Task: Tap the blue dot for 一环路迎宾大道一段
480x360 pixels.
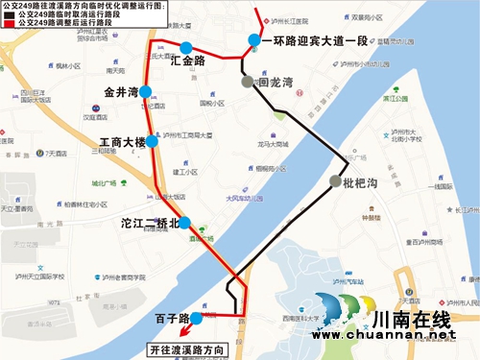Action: (x=253, y=40)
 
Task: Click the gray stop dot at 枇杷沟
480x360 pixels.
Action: (x=334, y=181)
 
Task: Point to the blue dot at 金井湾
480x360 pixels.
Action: (x=146, y=92)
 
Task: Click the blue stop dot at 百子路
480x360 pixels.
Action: (x=196, y=318)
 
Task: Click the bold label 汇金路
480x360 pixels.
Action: (x=187, y=61)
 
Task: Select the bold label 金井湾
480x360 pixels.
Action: (x=121, y=93)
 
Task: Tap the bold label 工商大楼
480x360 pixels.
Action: (x=121, y=143)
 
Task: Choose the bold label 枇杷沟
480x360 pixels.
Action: (x=365, y=182)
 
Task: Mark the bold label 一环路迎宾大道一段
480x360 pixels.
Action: (x=314, y=40)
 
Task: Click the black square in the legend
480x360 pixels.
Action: (x=9, y=14)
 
